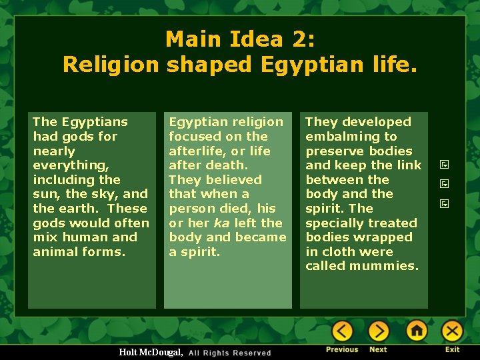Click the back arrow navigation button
[343, 331]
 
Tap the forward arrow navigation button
[378, 331]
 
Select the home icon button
[417, 331]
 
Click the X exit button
[453, 331]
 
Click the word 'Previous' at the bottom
[342, 349]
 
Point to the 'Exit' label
[453, 349]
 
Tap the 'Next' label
[378, 349]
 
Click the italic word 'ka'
[221, 223]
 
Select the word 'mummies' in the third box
[385, 266]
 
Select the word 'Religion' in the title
[111, 64]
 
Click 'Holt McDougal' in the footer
[149, 351]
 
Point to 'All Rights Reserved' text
[230, 353]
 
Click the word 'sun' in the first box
[43, 194]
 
